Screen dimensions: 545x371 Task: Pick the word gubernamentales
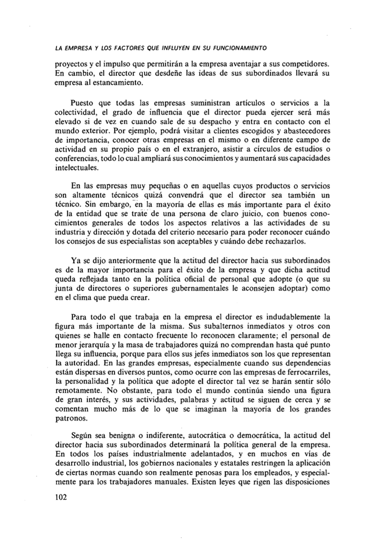click(x=194, y=286)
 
